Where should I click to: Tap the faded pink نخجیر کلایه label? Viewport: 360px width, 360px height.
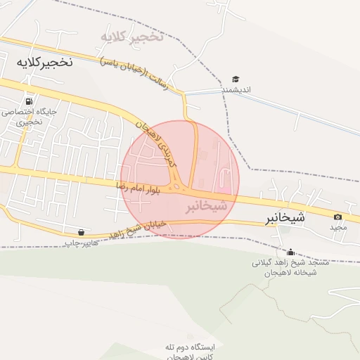coord(131,35)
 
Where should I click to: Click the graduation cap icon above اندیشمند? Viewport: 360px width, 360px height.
coord(236,79)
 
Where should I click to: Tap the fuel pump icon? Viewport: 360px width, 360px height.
coord(29,100)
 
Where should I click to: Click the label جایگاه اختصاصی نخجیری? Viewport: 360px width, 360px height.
coord(29,117)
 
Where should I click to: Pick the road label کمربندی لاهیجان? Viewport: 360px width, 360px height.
coord(159,144)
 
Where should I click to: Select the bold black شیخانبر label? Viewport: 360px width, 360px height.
coord(285,217)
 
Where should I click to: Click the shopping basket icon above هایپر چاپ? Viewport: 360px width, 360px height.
coord(82,232)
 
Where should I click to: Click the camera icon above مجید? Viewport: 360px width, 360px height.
coord(338,217)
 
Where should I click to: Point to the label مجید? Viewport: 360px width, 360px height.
coord(338,228)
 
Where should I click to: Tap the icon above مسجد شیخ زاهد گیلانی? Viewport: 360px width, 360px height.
coord(290,252)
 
